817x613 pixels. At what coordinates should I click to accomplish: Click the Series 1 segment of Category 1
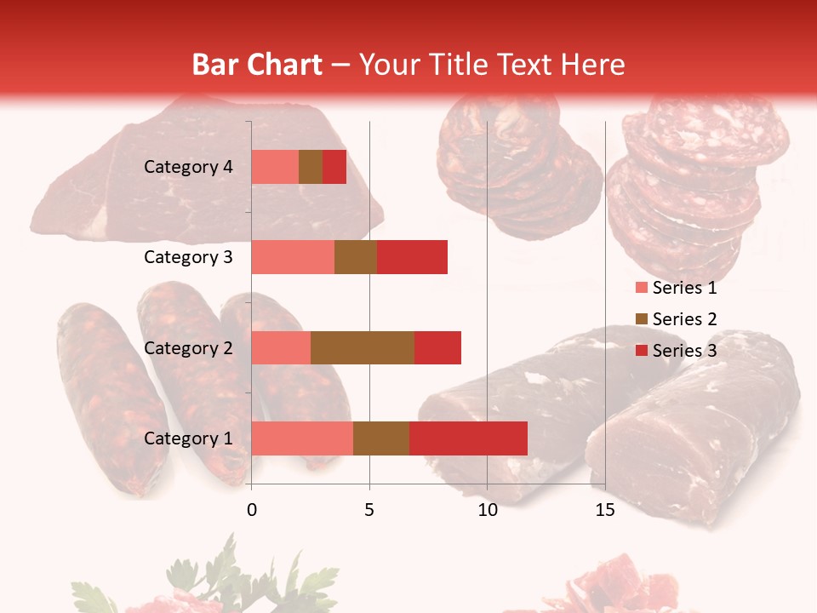pyautogui.click(x=302, y=438)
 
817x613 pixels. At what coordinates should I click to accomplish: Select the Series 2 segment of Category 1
pyautogui.click(x=381, y=438)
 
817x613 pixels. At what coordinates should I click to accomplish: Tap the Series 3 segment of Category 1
pyautogui.click(x=468, y=438)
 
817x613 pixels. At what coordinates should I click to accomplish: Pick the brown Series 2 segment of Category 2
pyautogui.click(x=363, y=347)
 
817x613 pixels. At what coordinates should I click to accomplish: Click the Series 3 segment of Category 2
pyautogui.click(x=437, y=347)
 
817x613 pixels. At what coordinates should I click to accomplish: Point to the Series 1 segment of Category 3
pyautogui.click(x=293, y=257)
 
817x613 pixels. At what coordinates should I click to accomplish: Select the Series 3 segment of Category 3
pyautogui.click(x=412, y=257)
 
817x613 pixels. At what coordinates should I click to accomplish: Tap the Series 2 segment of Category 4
pyautogui.click(x=311, y=167)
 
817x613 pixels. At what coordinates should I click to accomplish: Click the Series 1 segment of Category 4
pyautogui.click(x=275, y=167)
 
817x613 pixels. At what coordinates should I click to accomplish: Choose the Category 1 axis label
pyautogui.click(x=188, y=438)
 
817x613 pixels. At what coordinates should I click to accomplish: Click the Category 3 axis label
pyautogui.click(x=188, y=257)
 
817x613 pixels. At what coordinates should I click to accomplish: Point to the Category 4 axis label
pyautogui.click(x=188, y=167)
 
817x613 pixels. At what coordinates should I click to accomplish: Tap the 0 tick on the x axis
pyautogui.click(x=252, y=510)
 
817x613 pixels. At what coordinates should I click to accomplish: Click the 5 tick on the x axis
pyautogui.click(x=369, y=510)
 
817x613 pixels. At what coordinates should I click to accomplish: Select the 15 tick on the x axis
pyautogui.click(x=605, y=510)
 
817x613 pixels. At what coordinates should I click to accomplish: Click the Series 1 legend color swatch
pyautogui.click(x=642, y=288)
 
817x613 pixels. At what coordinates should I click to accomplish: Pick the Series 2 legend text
pyautogui.click(x=684, y=319)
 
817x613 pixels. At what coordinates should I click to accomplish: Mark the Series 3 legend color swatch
pyautogui.click(x=642, y=351)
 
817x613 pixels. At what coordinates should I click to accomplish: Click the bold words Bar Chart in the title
pyautogui.click(x=257, y=65)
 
